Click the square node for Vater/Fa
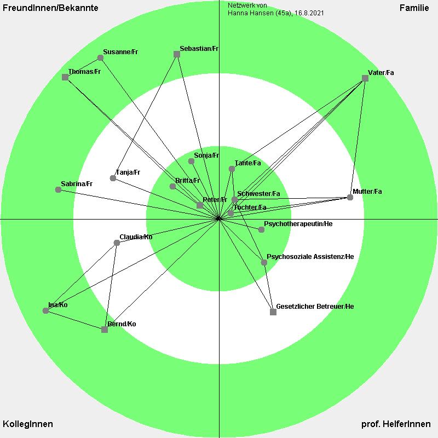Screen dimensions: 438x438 (x=365, y=78)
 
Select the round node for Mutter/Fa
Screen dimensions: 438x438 (x=350, y=198)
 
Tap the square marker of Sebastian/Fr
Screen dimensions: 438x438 (x=177, y=54)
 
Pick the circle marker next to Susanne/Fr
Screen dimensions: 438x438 (x=101, y=58)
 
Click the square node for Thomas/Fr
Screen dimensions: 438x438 (x=65, y=77)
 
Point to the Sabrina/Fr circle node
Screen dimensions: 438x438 (x=58, y=189)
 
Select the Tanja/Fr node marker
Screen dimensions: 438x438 (x=113, y=178)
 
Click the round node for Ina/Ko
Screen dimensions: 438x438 (x=46, y=310)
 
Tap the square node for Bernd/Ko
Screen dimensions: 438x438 (x=105, y=330)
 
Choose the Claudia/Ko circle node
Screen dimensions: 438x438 (x=117, y=243)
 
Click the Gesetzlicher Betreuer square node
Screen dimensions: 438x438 (x=273, y=312)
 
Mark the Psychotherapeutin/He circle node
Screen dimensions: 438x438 (x=261, y=229)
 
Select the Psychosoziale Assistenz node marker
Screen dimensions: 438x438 (x=264, y=262)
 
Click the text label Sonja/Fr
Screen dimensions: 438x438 (x=206, y=155)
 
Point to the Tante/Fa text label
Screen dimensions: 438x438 (x=248, y=163)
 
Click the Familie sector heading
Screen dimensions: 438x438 (x=414, y=8)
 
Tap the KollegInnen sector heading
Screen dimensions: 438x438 (x=28, y=424)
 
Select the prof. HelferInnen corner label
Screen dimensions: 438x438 (x=396, y=424)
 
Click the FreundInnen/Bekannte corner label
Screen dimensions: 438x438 (x=50, y=8)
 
